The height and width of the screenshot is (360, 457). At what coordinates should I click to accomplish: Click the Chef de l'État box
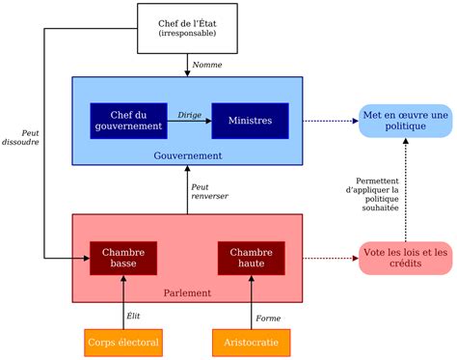click(x=187, y=27)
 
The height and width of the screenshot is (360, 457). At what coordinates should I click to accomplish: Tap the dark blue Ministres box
click(x=250, y=121)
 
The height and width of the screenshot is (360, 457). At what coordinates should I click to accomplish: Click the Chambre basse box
click(x=123, y=258)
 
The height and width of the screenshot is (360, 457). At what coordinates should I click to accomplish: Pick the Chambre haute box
click(x=251, y=258)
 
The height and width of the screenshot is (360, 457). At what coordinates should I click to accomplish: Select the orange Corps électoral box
click(x=122, y=342)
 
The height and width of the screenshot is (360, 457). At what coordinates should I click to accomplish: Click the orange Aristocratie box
click(x=251, y=342)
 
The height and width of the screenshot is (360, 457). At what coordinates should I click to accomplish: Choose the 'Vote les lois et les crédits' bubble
click(x=405, y=259)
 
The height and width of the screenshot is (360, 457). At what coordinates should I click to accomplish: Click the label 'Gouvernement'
click(x=187, y=155)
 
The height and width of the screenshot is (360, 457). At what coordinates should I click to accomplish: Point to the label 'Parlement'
click(x=187, y=292)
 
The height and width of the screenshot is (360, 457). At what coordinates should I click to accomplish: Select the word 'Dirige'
click(x=189, y=114)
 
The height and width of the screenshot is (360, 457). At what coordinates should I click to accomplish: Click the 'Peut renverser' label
click(x=209, y=191)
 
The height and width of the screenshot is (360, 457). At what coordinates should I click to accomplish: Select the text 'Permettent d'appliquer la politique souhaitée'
click(x=376, y=201)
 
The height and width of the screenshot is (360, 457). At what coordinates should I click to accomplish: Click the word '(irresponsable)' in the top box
click(x=187, y=34)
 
